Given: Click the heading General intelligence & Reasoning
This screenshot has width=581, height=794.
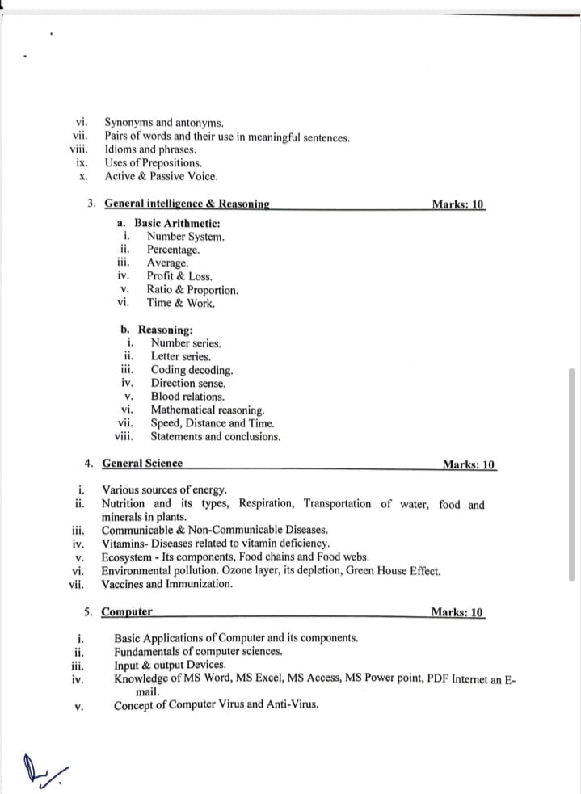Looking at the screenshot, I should pos(187,204).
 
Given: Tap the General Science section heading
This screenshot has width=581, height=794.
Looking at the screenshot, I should pos(142,464).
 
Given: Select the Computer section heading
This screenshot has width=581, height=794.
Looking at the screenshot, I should pos(127,612).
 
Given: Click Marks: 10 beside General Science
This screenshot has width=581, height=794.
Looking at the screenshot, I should pos(469,464).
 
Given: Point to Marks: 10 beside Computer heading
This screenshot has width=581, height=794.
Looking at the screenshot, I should pos(457,612).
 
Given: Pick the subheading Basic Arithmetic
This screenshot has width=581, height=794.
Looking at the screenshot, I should pos(177,223).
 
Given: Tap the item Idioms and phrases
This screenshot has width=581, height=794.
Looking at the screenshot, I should pos(150,149).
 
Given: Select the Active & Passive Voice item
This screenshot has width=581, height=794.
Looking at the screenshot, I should pos(162,175).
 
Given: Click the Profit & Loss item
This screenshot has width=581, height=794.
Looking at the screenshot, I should pos(179,276).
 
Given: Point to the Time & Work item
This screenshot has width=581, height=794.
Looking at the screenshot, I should pos(181,303).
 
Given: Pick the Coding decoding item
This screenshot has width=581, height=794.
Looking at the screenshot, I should pos(192,370).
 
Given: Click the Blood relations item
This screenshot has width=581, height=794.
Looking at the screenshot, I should pos(187,397).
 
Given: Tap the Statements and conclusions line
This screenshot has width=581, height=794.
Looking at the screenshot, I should pos(216,436).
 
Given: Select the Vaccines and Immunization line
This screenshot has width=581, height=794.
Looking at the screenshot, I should pos(167,584).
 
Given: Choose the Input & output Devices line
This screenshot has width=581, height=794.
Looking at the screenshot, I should pos(170,665).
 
